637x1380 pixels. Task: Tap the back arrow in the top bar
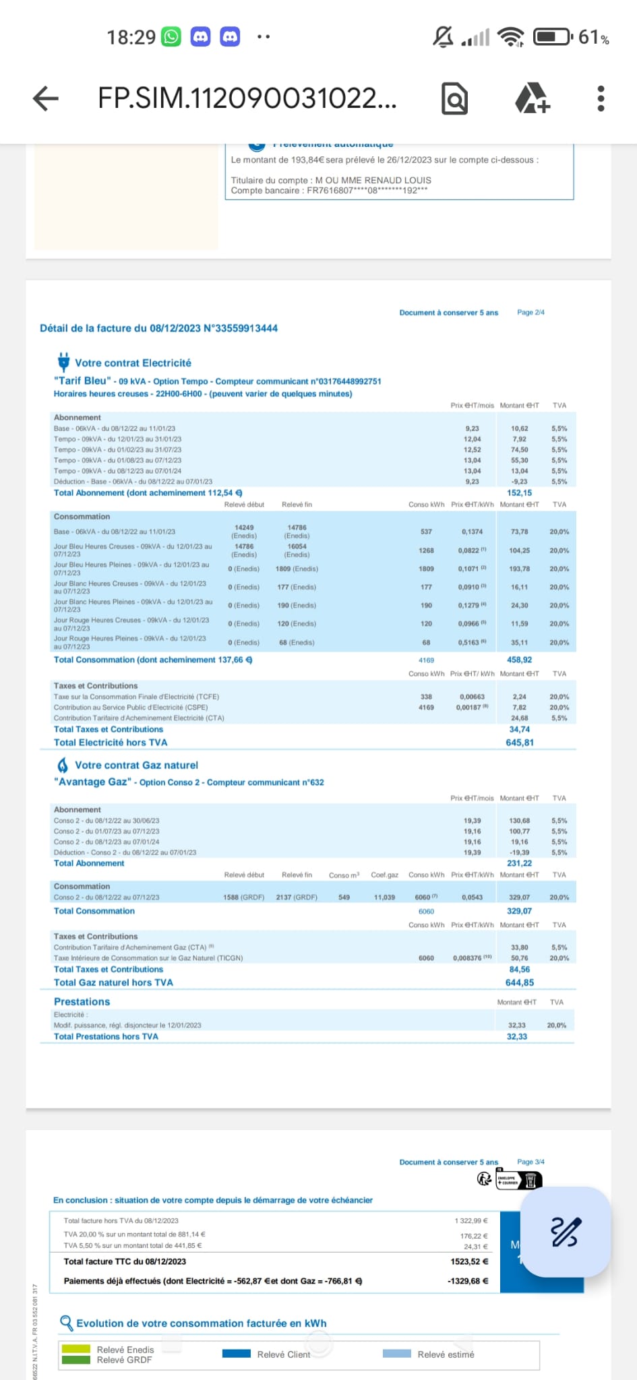pyautogui.click(x=46, y=98)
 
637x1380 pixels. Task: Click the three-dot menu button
pyautogui.click(x=601, y=98)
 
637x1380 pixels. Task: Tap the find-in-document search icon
pyautogui.click(x=454, y=99)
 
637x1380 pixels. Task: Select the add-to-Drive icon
pyautogui.click(x=532, y=98)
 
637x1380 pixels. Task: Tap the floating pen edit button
pyautogui.click(x=566, y=1232)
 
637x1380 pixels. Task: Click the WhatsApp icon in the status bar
pyautogui.click(x=172, y=36)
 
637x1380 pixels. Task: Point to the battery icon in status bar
pyautogui.click(x=553, y=36)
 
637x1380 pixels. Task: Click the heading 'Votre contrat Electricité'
pyautogui.click(x=133, y=363)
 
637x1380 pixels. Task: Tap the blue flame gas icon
pyautogui.click(x=63, y=765)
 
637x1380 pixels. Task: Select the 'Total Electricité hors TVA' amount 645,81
pyautogui.click(x=519, y=743)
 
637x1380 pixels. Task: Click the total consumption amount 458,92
pyautogui.click(x=519, y=660)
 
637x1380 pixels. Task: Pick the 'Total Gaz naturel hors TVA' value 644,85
pyautogui.click(x=519, y=982)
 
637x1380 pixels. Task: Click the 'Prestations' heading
pyautogui.click(x=82, y=1002)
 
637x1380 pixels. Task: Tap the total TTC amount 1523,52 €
pyautogui.click(x=469, y=1261)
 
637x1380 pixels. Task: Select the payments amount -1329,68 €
pyautogui.click(x=468, y=1281)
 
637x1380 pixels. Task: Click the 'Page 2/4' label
pyautogui.click(x=530, y=313)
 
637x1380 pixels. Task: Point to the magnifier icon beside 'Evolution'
pyautogui.click(x=66, y=1323)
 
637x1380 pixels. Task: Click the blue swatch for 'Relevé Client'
pyautogui.click(x=236, y=1353)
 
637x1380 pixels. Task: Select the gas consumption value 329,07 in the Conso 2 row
pyautogui.click(x=519, y=898)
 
